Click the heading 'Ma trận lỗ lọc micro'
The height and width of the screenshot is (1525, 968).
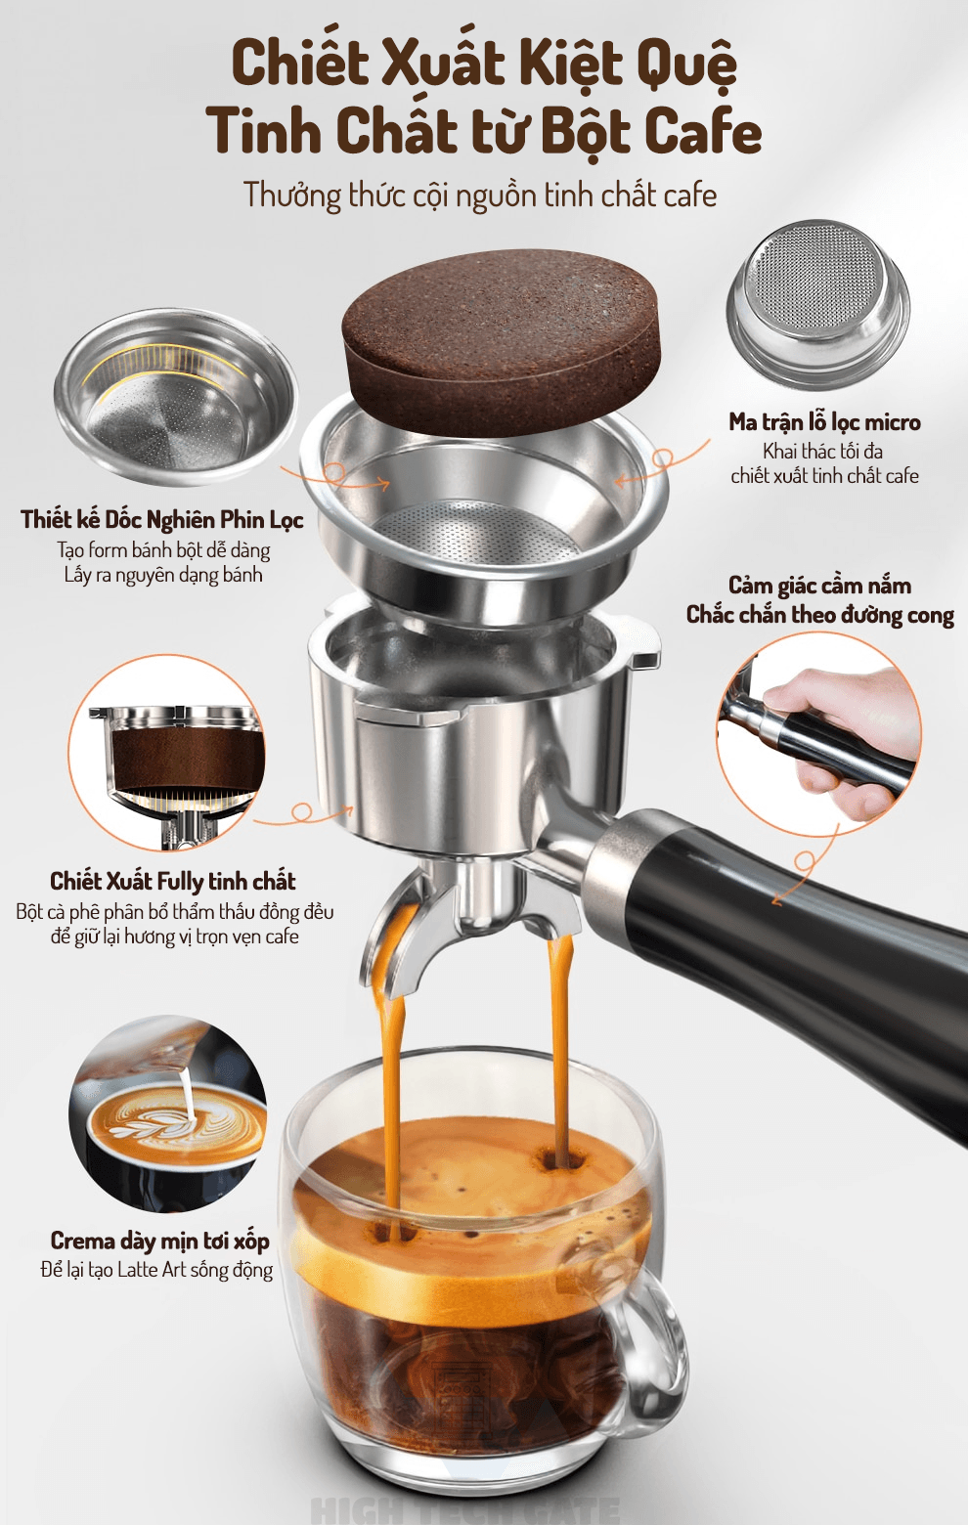(x=824, y=422)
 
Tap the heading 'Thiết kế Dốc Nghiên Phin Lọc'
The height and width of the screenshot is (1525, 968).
(x=162, y=520)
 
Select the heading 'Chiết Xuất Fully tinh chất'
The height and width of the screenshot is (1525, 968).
(x=173, y=881)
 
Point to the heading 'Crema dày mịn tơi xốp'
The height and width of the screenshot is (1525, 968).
(x=160, y=1241)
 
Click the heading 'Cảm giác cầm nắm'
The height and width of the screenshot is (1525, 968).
(x=819, y=586)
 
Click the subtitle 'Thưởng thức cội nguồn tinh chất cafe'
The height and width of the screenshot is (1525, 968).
(x=480, y=196)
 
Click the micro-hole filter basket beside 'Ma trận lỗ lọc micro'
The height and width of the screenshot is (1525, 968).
(x=818, y=304)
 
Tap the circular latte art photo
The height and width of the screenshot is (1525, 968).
(x=168, y=1114)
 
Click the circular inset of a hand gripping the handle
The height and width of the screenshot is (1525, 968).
(x=819, y=734)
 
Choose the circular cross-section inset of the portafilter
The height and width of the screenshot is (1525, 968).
(x=167, y=753)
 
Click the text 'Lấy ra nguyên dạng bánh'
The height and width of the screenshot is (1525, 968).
(x=163, y=575)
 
